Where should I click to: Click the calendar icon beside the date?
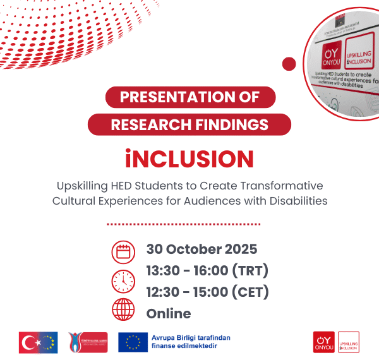tap(123, 252)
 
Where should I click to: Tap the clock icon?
tap(123, 280)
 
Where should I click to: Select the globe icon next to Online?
tap(123, 309)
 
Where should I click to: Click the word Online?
tap(169, 313)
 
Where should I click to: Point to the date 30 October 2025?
tap(202, 249)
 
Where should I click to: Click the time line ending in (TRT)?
tap(207, 271)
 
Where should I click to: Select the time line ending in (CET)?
tap(207, 292)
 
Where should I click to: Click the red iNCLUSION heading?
tap(189, 158)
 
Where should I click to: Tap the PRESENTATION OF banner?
tap(189, 97)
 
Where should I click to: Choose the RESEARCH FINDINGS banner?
tap(189, 124)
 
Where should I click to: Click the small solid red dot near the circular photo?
tap(289, 64)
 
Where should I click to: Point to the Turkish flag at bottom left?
tap(30, 342)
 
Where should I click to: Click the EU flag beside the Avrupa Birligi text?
tap(133, 342)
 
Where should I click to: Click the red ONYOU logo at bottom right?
tap(324, 342)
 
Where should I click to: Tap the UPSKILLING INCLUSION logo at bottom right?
tap(349, 342)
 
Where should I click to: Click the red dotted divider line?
tap(183, 224)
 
